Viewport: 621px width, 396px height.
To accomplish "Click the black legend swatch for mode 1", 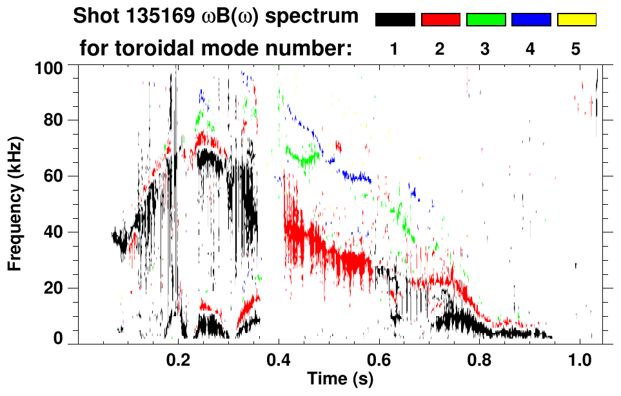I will point(395,20).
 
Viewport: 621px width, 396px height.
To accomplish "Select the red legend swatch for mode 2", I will point(440,20).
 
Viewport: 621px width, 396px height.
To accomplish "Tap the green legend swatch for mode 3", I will point(486,20).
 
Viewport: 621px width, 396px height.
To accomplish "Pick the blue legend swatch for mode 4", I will point(531,20).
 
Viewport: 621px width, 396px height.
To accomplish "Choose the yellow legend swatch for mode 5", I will point(577,20).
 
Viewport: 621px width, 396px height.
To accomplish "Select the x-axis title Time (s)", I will point(339,379).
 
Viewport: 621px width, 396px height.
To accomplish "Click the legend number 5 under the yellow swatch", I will point(576,48).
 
